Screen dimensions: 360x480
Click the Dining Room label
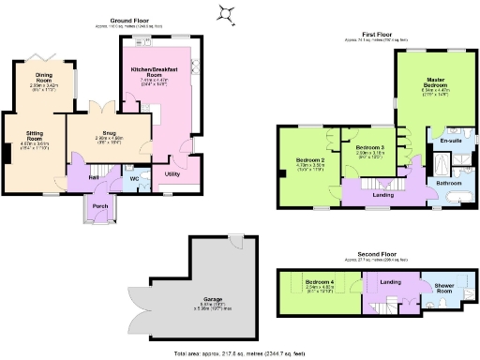pyautogui.click(x=44, y=79)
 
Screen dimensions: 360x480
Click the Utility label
pyautogui.click(x=172, y=174)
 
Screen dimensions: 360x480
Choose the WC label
pyautogui.click(x=134, y=177)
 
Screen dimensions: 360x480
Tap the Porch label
pyautogui.click(x=97, y=206)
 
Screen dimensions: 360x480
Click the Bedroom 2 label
pyautogui.click(x=309, y=159)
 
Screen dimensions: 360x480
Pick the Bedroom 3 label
pyautogui.click(x=369, y=148)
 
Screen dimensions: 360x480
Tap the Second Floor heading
pyautogui.click(x=372, y=252)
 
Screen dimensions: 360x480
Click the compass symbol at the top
pyautogui.click(x=226, y=11)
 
